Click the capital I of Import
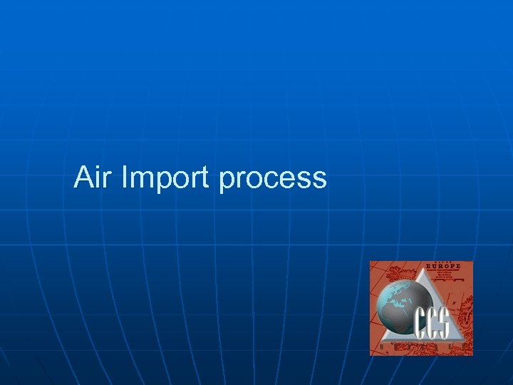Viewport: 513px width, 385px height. (x=125, y=177)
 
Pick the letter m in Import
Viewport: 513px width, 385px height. (x=142, y=180)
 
